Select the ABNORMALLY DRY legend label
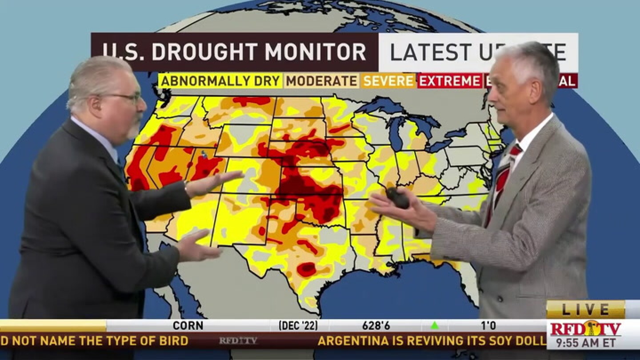click(x=220, y=81)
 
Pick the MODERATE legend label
click(x=321, y=81)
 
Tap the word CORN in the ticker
click(x=188, y=325)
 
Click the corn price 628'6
click(x=376, y=325)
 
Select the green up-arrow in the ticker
click(x=435, y=325)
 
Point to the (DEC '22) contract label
click(x=298, y=325)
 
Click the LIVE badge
click(x=585, y=309)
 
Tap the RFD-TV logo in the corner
click(x=585, y=329)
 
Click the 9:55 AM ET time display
click(x=585, y=343)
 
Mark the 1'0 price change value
click(x=488, y=325)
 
